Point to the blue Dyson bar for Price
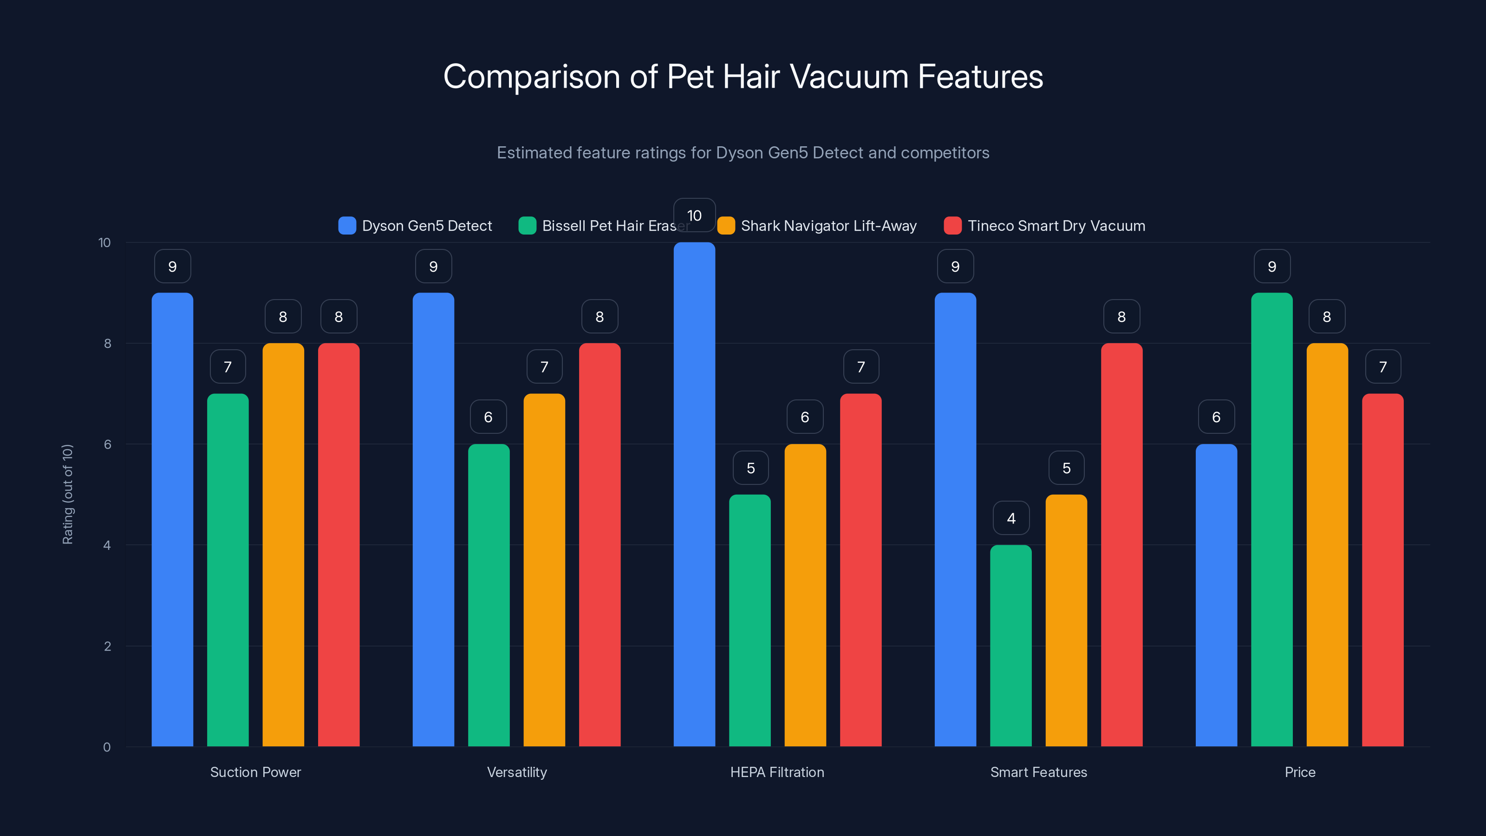(x=1216, y=595)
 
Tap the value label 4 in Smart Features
(x=1010, y=518)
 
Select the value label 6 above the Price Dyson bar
(x=1216, y=417)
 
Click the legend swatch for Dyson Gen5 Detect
(x=347, y=226)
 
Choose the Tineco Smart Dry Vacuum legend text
(x=1056, y=226)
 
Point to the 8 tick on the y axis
(x=107, y=343)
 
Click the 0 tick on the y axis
(x=107, y=747)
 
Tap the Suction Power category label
(x=255, y=772)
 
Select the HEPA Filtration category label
(x=777, y=772)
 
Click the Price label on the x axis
(x=1300, y=772)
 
